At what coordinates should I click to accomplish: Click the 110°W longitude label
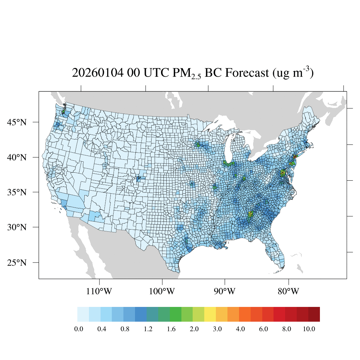100,291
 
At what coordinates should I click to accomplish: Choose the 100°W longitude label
162,291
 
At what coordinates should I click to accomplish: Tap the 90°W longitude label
225,291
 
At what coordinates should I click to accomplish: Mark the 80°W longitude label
289,291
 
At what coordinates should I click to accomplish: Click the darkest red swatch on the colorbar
314,314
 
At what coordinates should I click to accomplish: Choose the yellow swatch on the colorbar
210,314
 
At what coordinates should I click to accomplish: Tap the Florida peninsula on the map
276,253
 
